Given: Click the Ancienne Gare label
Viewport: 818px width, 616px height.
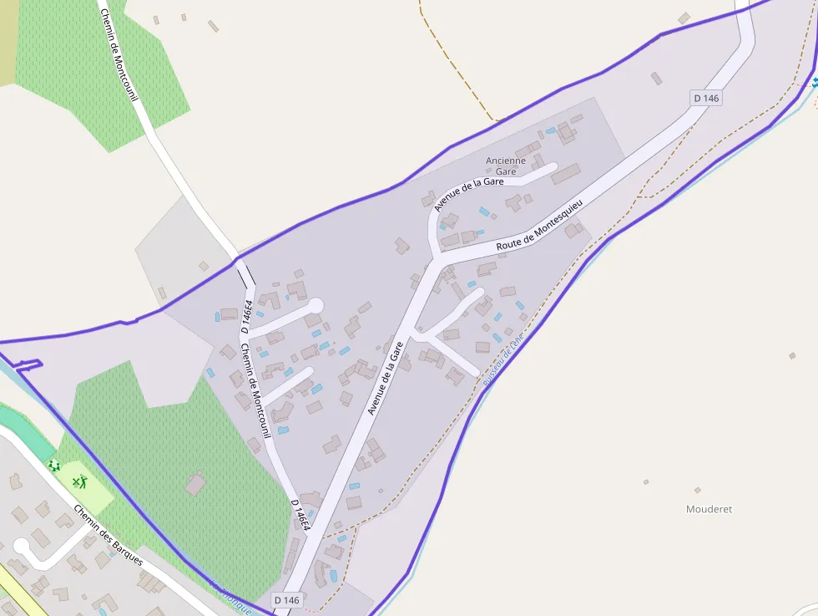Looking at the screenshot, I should pyautogui.click(x=506, y=165).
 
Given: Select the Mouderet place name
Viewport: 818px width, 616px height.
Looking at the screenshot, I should pyautogui.click(x=709, y=509).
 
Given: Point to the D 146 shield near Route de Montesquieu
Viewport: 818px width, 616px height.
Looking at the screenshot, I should pyautogui.click(x=705, y=98).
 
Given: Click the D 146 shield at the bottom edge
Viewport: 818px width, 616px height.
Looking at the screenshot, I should pyautogui.click(x=285, y=600).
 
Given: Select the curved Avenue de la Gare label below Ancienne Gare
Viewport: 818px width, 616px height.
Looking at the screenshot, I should pyautogui.click(x=468, y=189).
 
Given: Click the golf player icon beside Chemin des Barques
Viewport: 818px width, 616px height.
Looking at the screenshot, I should pyautogui.click(x=80, y=481).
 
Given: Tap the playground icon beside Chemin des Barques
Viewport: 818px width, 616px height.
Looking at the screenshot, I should pyautogui.click(x=54, y=466).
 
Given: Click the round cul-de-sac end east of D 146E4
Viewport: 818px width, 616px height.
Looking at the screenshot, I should pyautogui.click(x=316, y=307).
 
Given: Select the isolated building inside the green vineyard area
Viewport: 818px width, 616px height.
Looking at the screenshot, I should pyautogui.click(x=195, y=483).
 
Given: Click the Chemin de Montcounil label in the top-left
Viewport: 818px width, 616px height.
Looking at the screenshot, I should pyautogui.click(x=119, y=54).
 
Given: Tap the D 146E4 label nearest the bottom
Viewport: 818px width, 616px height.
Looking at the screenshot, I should pyautogui.click(x=300, y=515).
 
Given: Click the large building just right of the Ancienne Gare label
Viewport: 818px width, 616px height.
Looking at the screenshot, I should pyautogui.click(x=565, y=174).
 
